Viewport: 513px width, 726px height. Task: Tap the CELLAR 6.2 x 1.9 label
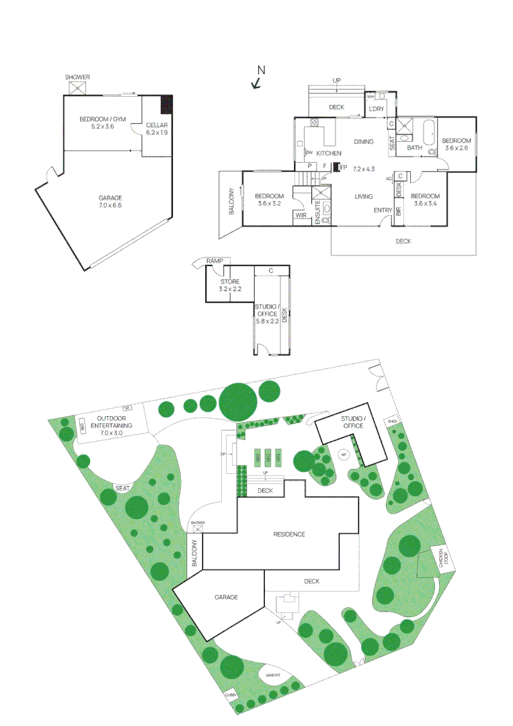pos(157,129)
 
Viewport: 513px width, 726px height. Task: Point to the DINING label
pos(364,142)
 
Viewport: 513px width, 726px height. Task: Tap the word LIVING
pos(364,196)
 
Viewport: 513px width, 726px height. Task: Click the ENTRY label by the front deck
pos(383,210)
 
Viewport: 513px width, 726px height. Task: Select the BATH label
pos(414,148)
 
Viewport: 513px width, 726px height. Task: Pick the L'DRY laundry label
pos(376,109)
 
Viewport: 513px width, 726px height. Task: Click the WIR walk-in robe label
pos(301,216)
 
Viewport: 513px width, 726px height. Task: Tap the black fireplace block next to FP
pos(336,167)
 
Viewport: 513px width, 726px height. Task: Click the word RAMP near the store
pos(214,261)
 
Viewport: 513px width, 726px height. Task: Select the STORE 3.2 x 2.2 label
pos(230,285)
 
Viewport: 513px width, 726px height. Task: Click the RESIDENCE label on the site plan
pos(289,534)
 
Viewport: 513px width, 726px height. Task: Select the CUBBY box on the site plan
pos(231,696)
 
